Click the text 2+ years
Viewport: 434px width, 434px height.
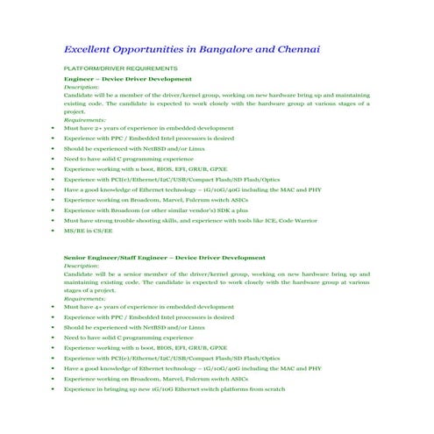111,128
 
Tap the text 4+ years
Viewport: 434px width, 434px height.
111,307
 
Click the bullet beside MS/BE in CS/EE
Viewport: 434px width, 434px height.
53,230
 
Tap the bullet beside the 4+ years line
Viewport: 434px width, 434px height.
53,307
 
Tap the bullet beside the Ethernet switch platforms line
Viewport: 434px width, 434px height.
53,388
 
